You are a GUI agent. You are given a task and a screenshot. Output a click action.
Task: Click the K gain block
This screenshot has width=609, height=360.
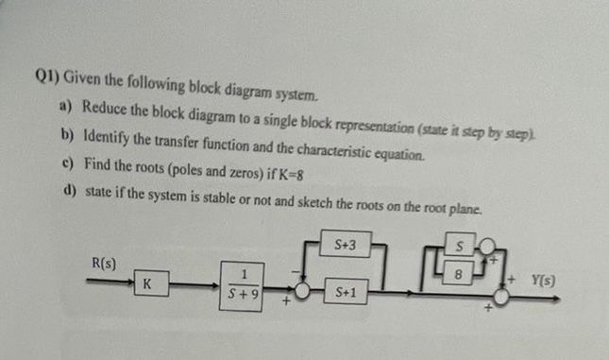pos(149,283)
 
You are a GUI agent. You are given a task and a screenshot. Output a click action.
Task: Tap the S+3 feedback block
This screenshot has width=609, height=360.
pos(345,247)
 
